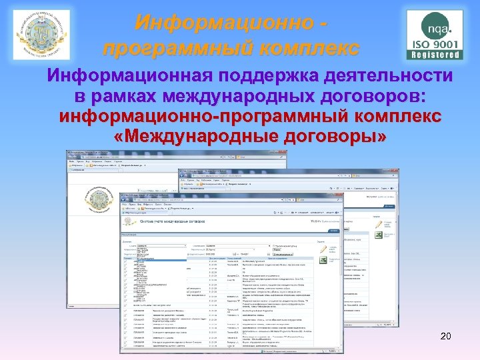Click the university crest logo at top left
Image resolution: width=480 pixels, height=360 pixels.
pyautogui.click(x=41, y=35)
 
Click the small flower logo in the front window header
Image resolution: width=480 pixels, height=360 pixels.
pyautogui.click(x=132, y=222)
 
